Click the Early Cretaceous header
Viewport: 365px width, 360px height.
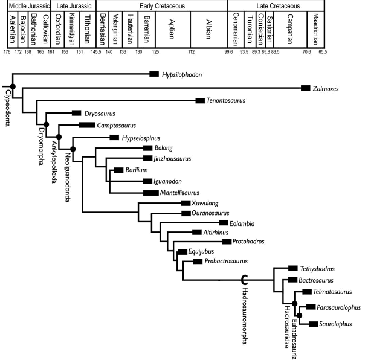161,5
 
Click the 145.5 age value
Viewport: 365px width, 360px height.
96,52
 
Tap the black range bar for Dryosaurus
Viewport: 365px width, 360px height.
77,113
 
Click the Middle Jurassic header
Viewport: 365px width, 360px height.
24,5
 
